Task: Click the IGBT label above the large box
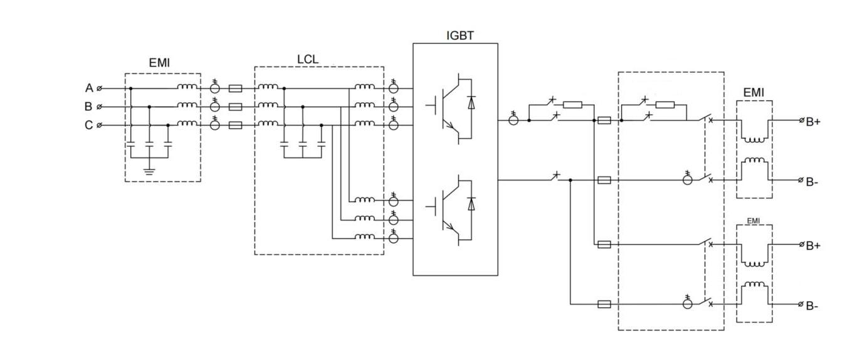tap(459, 36)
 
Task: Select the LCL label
tap(308, 59)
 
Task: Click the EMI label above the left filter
tap(159, 63)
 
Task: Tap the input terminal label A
tap(89, 88)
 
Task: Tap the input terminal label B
tap(89, 107)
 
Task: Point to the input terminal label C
tap(89, 125)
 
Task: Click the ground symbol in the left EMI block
tap(149, 169)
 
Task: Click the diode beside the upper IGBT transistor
tap(471, 103)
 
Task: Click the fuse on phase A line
tap(235, 88)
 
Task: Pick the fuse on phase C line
tap(235, 125)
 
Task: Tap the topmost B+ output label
tap(813, 122)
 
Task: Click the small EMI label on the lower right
tap(753, 221)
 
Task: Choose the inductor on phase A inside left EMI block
tap(186, 87)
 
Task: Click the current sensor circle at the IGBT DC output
tap(513, 120)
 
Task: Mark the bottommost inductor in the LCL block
tap(365, 237)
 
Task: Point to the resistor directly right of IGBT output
tap(572, 105)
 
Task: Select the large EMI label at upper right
tap(753, 92)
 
